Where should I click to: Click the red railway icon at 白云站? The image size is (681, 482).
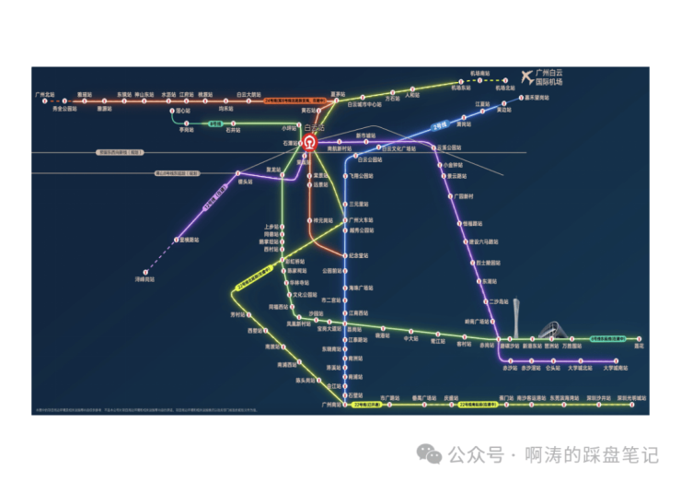[x=311, y=143]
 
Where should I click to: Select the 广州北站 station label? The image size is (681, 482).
[x=45, y=94]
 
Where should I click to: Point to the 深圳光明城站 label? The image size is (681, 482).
[x=631, y=397]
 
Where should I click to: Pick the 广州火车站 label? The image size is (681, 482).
[x=361, y=220]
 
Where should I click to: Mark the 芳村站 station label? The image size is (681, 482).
[x=238, y=314]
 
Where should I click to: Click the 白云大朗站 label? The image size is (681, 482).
[x=248, y=93]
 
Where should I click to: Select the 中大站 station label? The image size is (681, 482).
[x=410, y=338]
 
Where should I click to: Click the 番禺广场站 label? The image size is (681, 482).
[x=423, y=397]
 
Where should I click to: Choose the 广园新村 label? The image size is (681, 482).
[x=462, y=196]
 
